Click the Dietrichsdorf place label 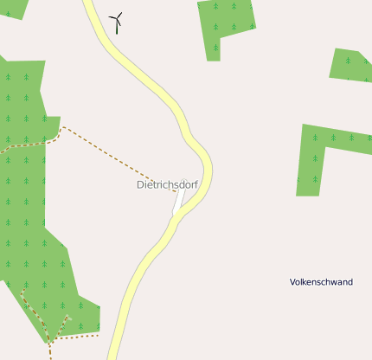coord(167,184)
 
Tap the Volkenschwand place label coord(321,282)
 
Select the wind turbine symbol coord(116,22)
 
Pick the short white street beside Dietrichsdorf coord(179,200)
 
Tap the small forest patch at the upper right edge coord(351,66)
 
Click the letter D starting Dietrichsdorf coord(140,185)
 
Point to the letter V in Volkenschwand coord(292,282)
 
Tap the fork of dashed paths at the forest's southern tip coord(52,338)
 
